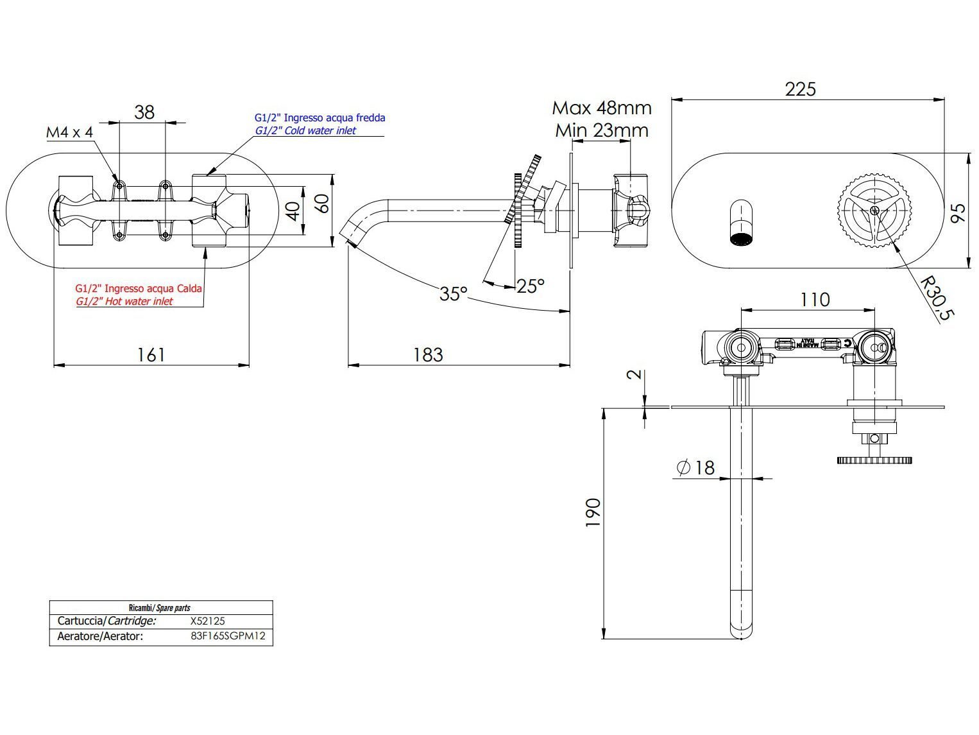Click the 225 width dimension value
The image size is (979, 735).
[x=800, y=89]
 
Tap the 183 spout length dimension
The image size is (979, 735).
[x=428, y=354]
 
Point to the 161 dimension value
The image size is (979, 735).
[x=151, y=354]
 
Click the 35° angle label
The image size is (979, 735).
[x=454, y=293]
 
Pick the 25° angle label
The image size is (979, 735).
[x=531, y=286]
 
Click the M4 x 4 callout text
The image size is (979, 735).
[x=69, y=132]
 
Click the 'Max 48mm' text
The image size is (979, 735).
[x=602, y=107]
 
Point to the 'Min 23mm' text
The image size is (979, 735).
[x=602, y=130]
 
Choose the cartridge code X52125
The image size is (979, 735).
[x=207, y=621]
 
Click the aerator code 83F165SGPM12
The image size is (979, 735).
[x=228, y=637]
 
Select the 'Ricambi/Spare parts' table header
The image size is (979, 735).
[x=160, y=607]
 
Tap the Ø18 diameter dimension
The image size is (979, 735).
[x=695, y=467]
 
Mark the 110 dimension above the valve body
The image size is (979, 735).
[x=815, y=299]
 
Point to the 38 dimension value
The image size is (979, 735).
[x=144, y=112]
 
